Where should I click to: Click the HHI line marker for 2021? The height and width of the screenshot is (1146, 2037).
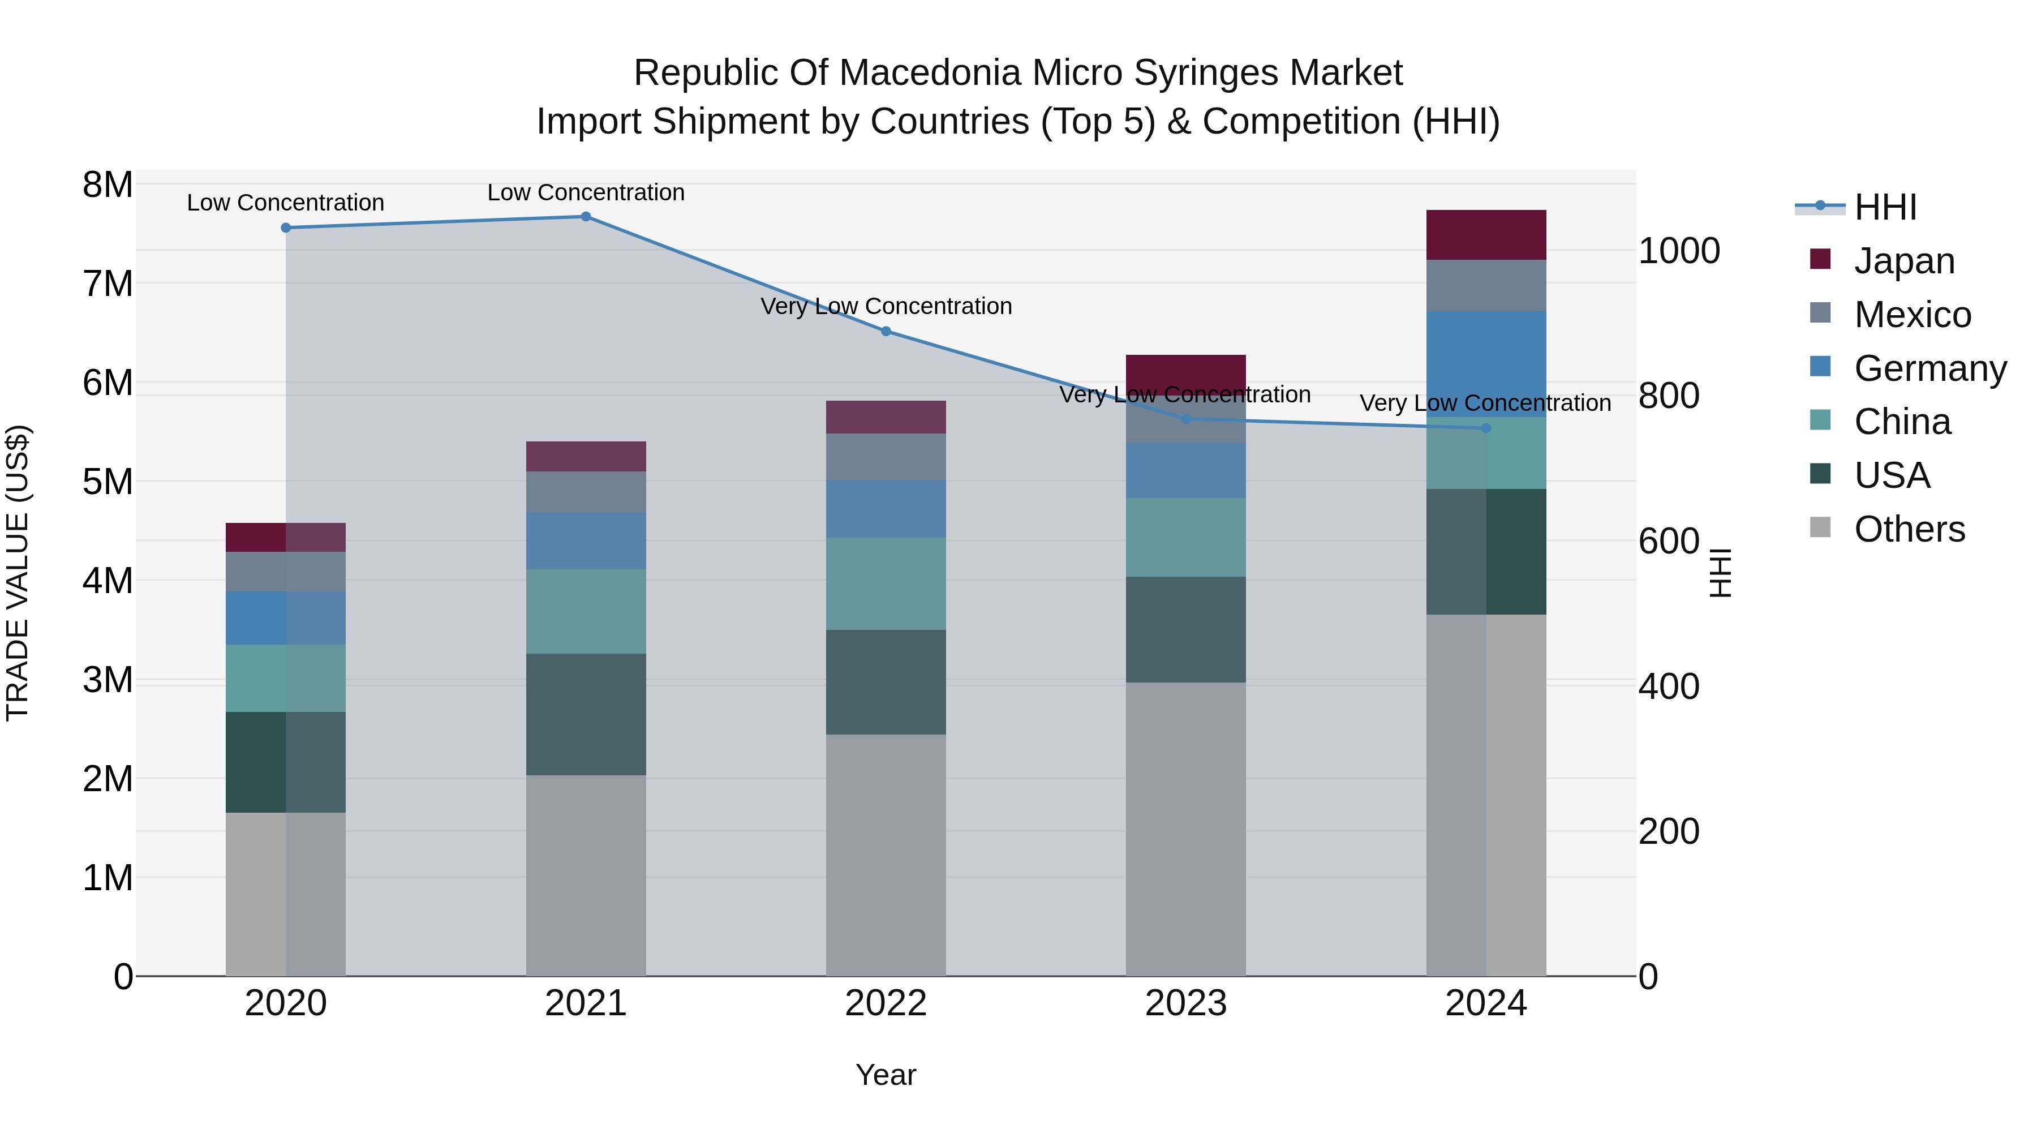point(586,217)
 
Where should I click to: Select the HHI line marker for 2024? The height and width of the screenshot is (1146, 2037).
point(1486,428)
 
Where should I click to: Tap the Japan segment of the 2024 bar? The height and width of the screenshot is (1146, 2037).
point(1486,235)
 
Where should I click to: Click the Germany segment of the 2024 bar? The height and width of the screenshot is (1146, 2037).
point(1486,364)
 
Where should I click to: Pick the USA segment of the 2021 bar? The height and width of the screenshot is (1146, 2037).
point(586,714)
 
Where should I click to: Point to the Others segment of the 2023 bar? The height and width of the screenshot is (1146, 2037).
point(1185,829)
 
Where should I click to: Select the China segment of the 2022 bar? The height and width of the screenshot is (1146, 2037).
point(886,583)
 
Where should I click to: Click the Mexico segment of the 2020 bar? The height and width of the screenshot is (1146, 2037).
point(286,572)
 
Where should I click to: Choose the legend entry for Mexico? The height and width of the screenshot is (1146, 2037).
point(1912,315)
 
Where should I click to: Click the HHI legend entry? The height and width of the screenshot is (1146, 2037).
point(1884,207)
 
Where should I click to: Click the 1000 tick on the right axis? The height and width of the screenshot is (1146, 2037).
point(1679,251)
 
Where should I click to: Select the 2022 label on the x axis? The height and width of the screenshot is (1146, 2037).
point(886,1003)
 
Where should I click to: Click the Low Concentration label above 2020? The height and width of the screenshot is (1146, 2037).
point(286,203)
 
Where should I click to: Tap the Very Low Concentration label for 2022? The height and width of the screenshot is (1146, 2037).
point(886,306)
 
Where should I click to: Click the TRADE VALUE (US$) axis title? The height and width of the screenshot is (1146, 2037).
point(18,573)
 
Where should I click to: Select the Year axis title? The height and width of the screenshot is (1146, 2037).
point(886,1075)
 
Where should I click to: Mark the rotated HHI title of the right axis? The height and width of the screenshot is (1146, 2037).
point(1721,573)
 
